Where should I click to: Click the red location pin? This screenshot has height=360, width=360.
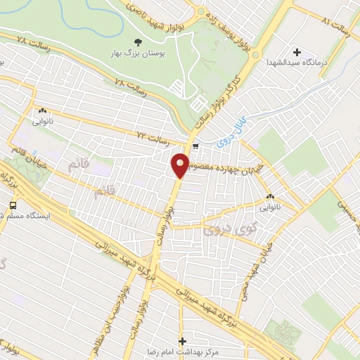[180, 165]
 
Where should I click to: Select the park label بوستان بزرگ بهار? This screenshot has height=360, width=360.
[136, 53]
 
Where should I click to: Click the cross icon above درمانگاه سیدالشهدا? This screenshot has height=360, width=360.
[297, 52]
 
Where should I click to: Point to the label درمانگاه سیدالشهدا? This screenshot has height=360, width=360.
[294, 63]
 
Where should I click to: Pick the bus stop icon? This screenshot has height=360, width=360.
[13, 205]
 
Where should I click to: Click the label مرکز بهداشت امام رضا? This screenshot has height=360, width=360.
[198, 351]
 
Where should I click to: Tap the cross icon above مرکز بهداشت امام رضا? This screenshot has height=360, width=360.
[183, 340]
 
